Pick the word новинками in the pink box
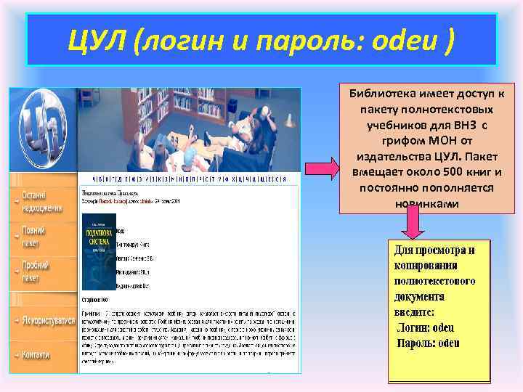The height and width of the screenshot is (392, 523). click(427, 204)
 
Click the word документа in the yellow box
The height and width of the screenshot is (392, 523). click(421, 297)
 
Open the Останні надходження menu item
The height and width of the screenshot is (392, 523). click(43, 203)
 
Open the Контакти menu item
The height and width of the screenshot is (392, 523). click(36, 354)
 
